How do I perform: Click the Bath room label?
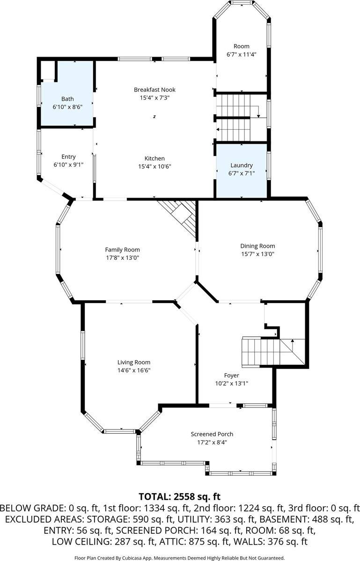[67, 99]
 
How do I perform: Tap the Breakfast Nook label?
[155, 90]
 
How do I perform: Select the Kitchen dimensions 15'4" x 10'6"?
[155, 166]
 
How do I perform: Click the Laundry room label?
[242, 165]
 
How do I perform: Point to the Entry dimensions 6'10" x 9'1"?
[68, 164]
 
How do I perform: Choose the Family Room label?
[122, 250]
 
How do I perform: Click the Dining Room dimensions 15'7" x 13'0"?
[257, 254]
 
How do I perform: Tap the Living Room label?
[134, 362]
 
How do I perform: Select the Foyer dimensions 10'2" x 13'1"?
[232, 384]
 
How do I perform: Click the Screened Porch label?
[212, 434]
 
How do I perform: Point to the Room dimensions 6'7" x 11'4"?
[242, 54]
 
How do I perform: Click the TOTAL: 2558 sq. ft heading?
[179, 496]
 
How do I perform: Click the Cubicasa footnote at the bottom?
[179, 558]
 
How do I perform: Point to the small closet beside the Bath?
[48, 71]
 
